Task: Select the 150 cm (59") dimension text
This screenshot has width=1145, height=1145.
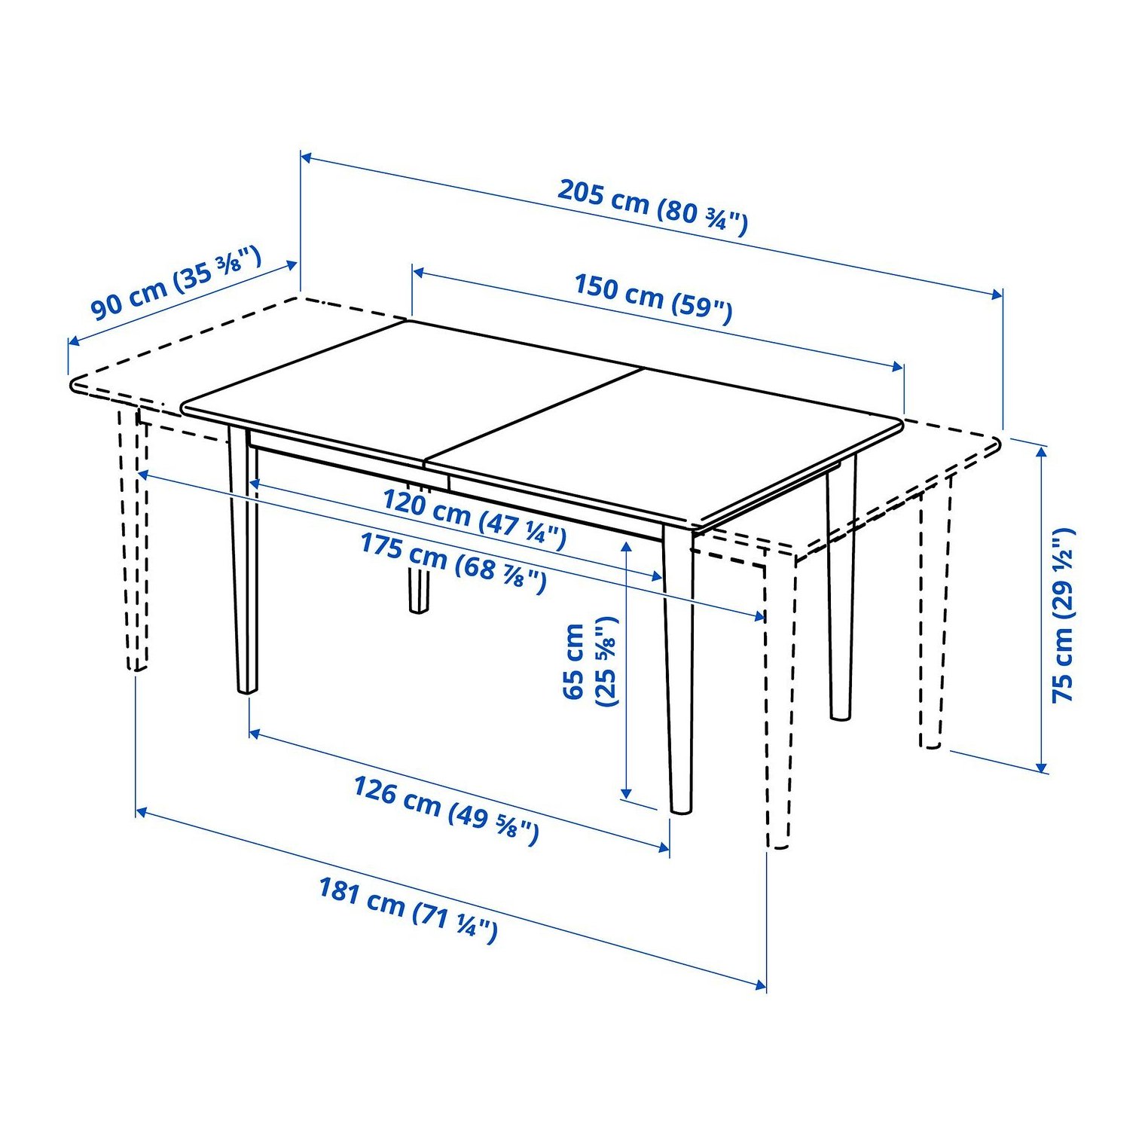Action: tap(653, 298)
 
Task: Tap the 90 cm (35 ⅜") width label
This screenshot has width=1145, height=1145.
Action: tap(176, 282)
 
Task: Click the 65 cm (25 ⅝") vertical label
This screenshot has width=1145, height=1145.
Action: tap(590, 661)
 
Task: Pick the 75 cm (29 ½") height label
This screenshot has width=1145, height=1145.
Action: tap(1064, 615)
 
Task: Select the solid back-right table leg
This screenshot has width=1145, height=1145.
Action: tap(841, 588)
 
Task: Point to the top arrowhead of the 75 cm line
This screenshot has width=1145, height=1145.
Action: tap(1042, 451)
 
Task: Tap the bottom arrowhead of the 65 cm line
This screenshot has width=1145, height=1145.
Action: tap(626, 793)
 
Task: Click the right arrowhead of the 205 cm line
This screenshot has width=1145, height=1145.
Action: tap(997, 294)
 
